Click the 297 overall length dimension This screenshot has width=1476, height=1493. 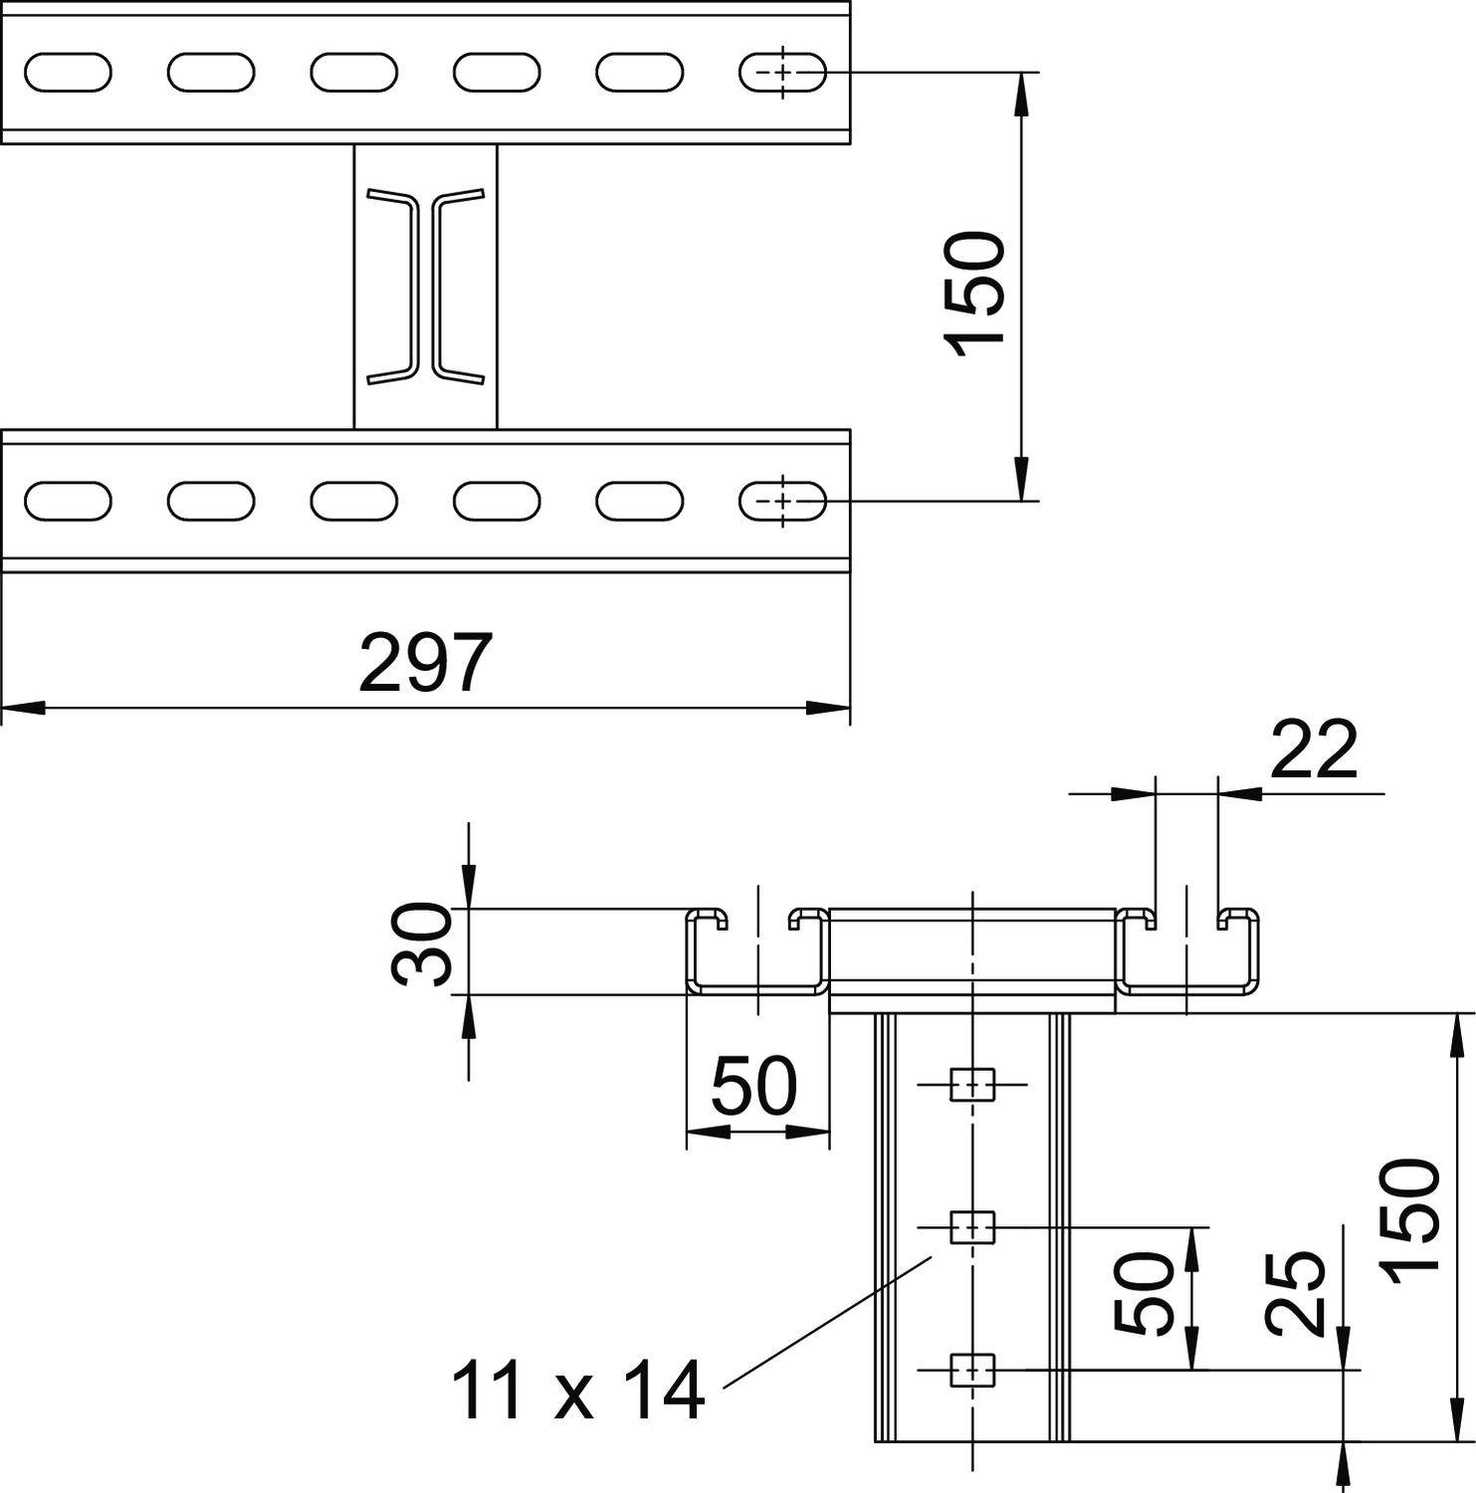point(425,663)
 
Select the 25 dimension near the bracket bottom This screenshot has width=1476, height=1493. point(1296,1293)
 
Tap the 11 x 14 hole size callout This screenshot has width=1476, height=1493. point(578,1390)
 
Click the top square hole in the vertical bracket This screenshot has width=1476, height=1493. point(972,1085)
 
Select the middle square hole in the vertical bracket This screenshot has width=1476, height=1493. point(972,1227)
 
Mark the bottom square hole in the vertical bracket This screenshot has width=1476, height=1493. point(972,1371)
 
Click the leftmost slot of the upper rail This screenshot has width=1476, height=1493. point(68,73)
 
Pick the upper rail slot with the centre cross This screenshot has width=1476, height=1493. point(782,73)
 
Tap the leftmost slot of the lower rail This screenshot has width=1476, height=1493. point(68,501)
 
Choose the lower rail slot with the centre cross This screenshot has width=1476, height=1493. point(782,501)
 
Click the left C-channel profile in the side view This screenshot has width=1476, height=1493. point(757,952)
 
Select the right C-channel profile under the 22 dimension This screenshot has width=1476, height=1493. point(1187,952)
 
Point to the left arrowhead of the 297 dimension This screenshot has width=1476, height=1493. point(23,709)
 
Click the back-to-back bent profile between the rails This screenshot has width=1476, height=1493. point(425,287)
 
